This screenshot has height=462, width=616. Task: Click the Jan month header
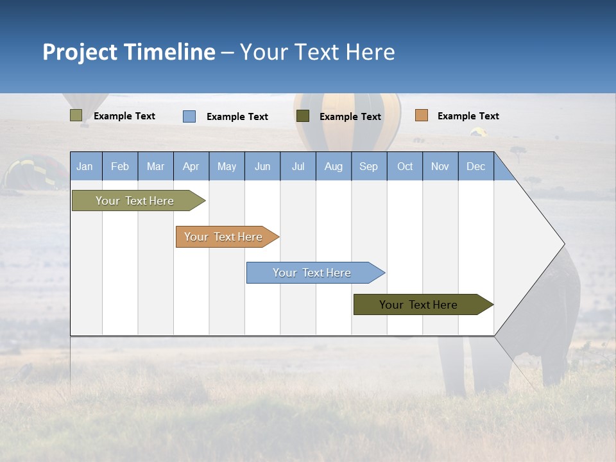[85, 166]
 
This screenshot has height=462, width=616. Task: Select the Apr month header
[191, 166]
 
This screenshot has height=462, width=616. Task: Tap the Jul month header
[298, 166]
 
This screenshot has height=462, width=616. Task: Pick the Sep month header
[368, 166]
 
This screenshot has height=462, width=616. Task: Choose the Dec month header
[475, 166]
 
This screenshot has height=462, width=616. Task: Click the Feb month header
[120, 166]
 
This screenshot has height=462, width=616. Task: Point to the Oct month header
[405, 166]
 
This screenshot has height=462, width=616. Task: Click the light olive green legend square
[76, 116]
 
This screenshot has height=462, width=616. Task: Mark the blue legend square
[189, 116]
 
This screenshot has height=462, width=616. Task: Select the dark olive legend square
[303, 116]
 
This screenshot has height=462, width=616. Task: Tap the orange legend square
[421, 116]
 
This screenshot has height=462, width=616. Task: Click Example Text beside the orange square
[468, 116]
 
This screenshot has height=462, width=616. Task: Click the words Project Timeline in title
[129, 52]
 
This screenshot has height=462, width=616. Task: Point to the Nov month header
[440, 166]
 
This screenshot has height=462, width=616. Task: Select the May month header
[227, 166]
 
